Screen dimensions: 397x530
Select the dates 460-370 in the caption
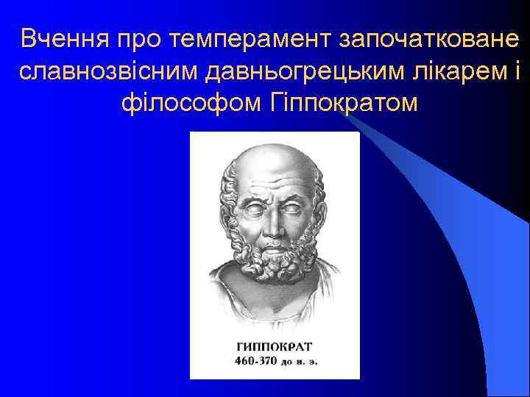tap(259, 362)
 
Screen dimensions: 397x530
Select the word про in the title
tap(144, 38)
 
